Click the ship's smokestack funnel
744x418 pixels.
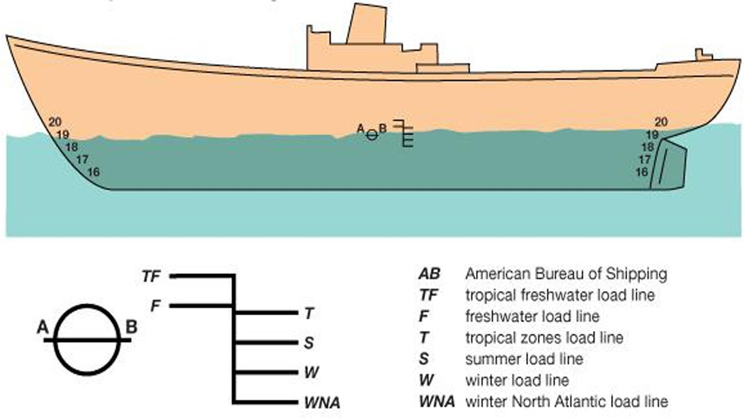(x=367, y=24)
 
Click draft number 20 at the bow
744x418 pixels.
(x=55, y=122)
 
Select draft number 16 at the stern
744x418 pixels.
(x=642, y=172)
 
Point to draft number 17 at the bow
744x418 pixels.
(x=83, y=160)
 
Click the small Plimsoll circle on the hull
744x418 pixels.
(x=372, y=134)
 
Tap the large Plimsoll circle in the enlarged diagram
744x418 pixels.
(x=87, y=340)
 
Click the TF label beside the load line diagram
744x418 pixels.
(x=152, y=276)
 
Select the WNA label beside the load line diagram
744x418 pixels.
(x=323, y=403)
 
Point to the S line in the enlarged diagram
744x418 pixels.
(x=266, y=343)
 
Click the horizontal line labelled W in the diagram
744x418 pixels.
(x=266, y=372)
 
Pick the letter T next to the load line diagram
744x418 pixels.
(x=309, y=313)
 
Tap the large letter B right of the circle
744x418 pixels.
(x=131, y=327)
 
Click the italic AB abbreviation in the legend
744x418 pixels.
(x=430, y=274)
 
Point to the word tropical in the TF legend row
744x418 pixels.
(x=488, y=296)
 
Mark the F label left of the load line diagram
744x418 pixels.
(x=156, y=306)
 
